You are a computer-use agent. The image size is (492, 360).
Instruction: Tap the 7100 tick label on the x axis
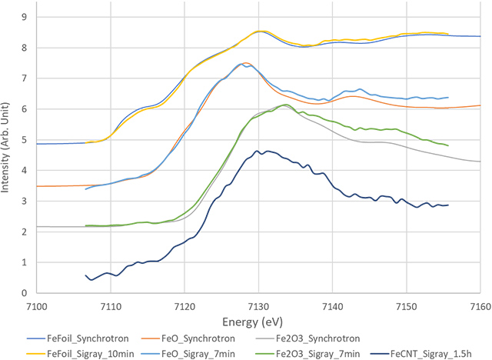[x=37, y=303]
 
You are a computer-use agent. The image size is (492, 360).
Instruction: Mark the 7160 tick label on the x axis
[x=480, y=303]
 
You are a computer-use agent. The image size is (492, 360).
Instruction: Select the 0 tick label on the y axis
[x=26, y=293]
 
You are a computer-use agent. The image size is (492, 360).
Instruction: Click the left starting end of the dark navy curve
[x=85, y=275]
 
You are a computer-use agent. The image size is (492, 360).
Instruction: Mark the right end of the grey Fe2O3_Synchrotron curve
[x=480, y=161]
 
